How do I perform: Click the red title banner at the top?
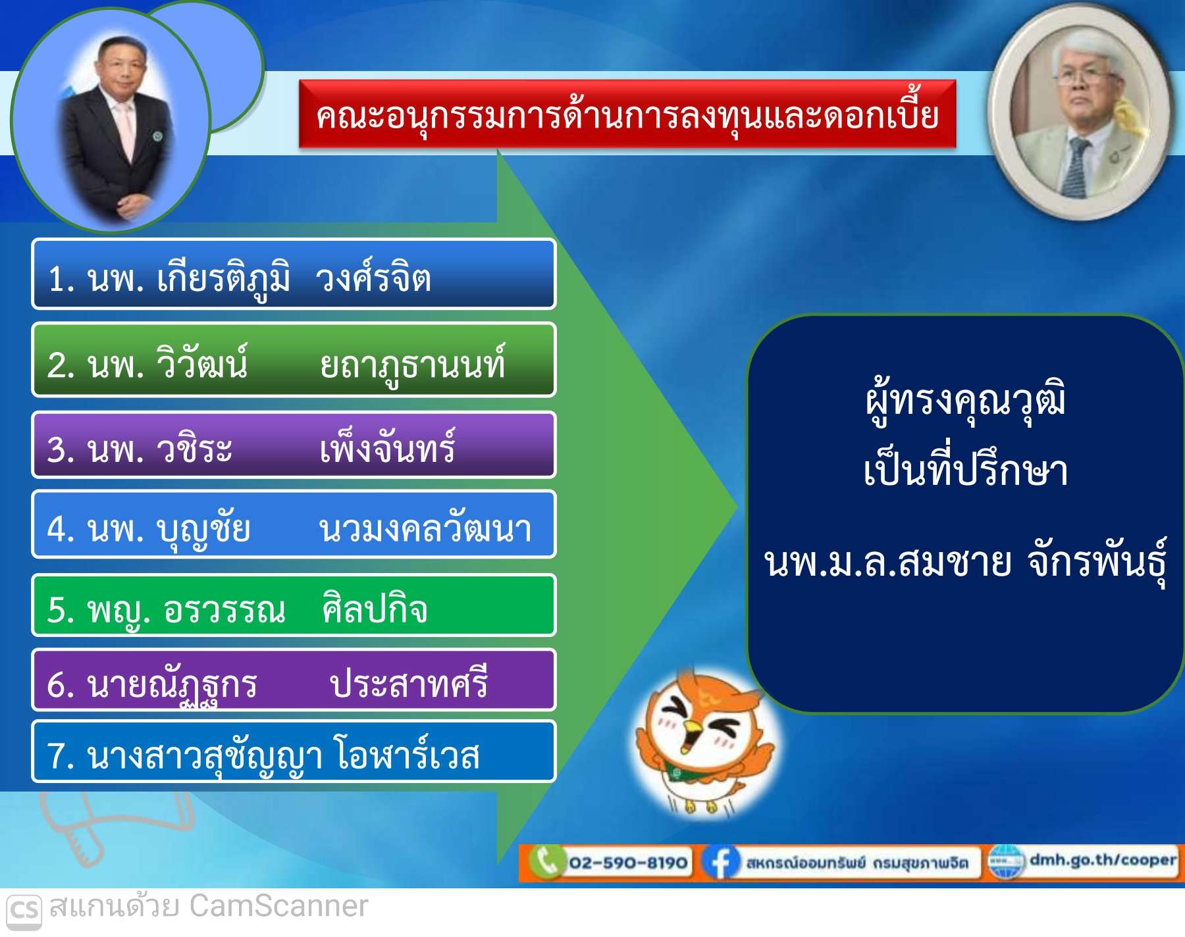click(627, 114)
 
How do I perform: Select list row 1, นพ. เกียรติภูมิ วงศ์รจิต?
click(294, 274)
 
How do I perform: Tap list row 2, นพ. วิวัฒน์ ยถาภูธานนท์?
click(294, 360)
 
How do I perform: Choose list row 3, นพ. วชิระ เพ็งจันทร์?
click(294, 445)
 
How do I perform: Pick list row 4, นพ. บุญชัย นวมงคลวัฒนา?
click(294, 524)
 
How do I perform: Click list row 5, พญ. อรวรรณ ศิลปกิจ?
click(294, 605)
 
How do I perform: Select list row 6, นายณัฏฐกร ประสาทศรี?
click(294, 680)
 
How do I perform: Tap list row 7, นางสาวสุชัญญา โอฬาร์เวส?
click(294, 751)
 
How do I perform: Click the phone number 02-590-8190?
click(628, 862)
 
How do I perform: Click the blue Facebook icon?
click(720, 862)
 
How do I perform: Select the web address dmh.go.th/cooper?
click(1103, 860)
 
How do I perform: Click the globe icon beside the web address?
click(1007, 862)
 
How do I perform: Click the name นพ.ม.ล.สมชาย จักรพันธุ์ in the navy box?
click(965, 563)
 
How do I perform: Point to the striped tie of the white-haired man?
click(1077, 168)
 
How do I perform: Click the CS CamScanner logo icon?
click(24, 911)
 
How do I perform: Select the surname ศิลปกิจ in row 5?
click(375, 608)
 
